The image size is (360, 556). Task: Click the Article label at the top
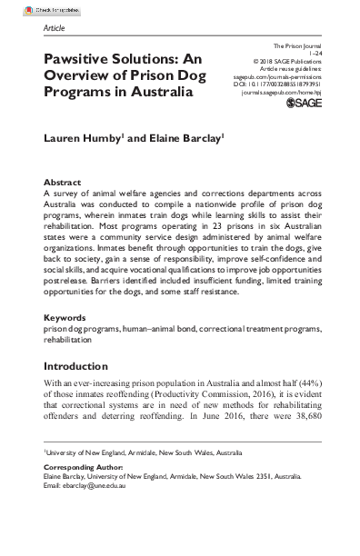55,28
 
